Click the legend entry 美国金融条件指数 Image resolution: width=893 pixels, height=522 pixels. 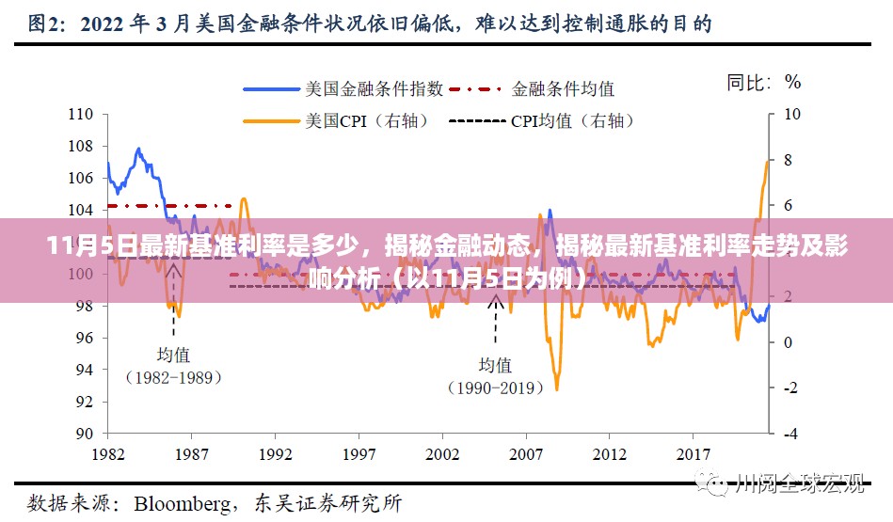click(375, 89)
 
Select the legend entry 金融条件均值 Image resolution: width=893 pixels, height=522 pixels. click(563, 89)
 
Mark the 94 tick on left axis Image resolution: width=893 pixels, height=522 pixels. click(83, 370)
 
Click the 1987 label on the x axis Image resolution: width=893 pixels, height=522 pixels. click(192, 452)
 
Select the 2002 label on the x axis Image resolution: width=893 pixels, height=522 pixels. click(442, 452)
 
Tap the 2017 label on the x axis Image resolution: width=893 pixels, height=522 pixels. click(693, 452)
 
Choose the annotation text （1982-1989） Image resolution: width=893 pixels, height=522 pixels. click(173, 377)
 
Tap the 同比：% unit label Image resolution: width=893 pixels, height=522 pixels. click(763, 83)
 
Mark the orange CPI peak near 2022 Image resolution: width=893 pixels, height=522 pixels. click(767, 162)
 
